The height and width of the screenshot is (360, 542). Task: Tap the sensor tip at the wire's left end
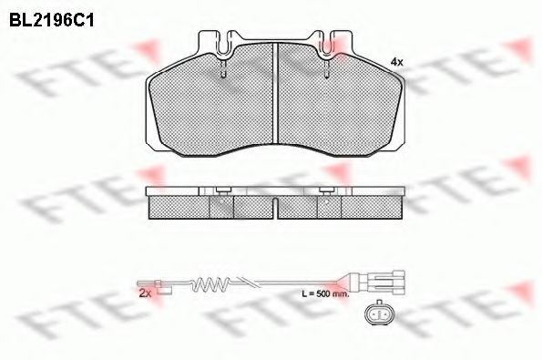(165, 291)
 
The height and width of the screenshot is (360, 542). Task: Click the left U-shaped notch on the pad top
(221, 41)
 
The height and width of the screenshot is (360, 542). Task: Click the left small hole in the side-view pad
(221, 209)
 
